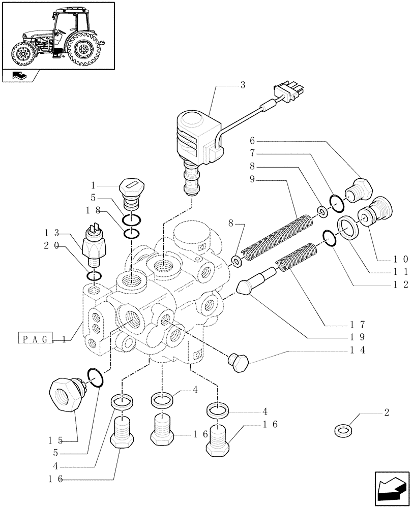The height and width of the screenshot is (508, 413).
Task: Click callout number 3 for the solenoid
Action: pyautogui.click(x=243, y=85)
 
